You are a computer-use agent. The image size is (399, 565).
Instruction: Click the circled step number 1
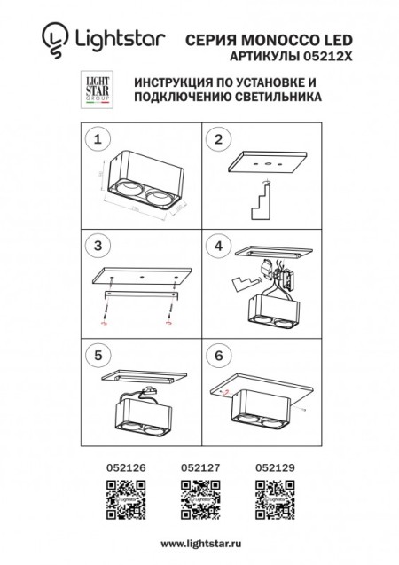pos(100,139)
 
